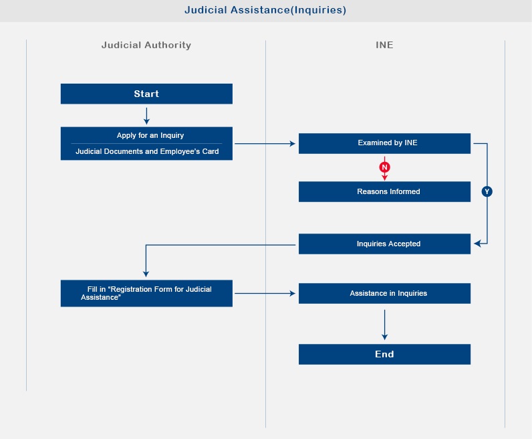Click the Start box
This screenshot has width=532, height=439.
[x=146, y=94]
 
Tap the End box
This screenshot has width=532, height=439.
[x=384, y=355]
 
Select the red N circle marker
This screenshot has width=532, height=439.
[x=384, y=167]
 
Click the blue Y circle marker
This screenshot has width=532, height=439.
[x=487, y=191]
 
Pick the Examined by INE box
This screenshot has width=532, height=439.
[x=384, y=143]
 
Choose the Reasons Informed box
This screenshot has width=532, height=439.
[x=384, y=191]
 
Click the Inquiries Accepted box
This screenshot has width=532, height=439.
[x=384, y=244]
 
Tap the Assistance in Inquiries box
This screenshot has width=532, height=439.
[x=384, y=293]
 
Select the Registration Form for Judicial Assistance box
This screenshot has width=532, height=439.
[x=146, y=293]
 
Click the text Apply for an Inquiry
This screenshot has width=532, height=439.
[x=150, y=135]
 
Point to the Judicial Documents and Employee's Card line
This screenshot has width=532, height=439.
[x=147, y=151]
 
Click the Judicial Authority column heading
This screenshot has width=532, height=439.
[x=146, y=45]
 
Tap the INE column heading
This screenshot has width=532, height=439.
[x=384, y=45]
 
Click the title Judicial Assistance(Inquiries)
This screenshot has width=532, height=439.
[x=265, y=10]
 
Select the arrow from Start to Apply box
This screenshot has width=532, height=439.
[x=146, y=116]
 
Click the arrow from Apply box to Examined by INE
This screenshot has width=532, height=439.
[x=265, y=144]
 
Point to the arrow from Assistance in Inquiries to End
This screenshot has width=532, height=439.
[x=384, y=325]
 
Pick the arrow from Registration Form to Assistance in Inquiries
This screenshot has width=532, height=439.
[x=265, y=293]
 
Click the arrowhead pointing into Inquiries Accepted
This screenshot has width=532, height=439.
[x=477, y=244]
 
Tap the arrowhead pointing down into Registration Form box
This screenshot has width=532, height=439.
[x=146, y=274]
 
